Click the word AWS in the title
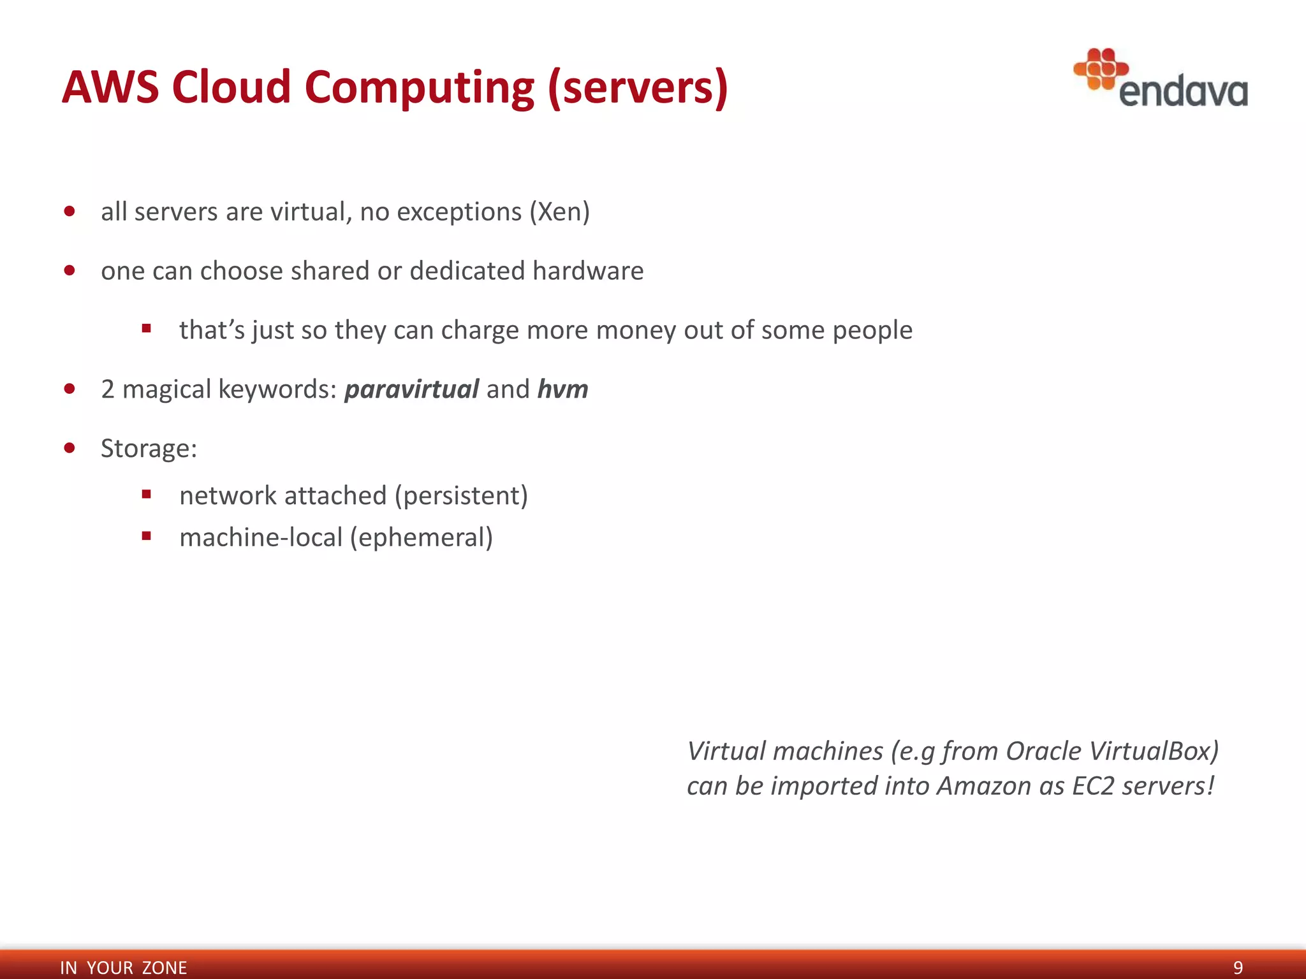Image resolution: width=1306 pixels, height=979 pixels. (x=110, y=87)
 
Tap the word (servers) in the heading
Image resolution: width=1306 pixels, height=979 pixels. (x=637, y=88)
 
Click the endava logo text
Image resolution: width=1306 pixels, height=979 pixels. (x=1183, y=92)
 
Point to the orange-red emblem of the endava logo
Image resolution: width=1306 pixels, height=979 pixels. (x=1101, y=68)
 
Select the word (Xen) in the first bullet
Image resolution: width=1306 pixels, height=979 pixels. (x=559, y=212)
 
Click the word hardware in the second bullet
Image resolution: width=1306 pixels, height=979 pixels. (x=588, y=271)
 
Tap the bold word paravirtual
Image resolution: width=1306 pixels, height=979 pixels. (x=411, y=389)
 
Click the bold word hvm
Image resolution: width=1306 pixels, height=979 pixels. (x=562, y=389)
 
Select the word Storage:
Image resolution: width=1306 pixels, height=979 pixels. (x=149, y=449)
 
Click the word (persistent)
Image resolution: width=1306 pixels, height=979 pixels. (x=461, y=496)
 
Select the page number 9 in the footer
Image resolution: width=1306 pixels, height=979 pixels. (x=1238, y=968)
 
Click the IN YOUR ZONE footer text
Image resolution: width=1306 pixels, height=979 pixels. (x=123, y=968)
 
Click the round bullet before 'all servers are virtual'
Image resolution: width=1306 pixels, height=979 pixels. (x=70, y=211)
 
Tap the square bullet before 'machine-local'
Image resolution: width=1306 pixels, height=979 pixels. (x=147, y=536)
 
